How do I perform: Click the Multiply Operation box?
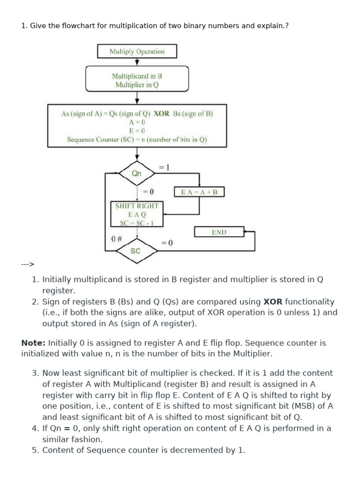coord(137,52)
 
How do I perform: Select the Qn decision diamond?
coord(137,173)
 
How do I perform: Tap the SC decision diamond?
coord(135,251)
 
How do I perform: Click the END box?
coord(219,232)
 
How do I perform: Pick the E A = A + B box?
coord(199,192)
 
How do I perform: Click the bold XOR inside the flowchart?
coord(162,113)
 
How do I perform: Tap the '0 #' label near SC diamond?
coord(117,239)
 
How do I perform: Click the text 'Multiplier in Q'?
coord(137,85)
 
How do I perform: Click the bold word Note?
coord(33,343)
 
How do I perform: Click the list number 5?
coord(35,450)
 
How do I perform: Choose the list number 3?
coord(35,373)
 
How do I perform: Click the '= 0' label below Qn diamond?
coord(148,192)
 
